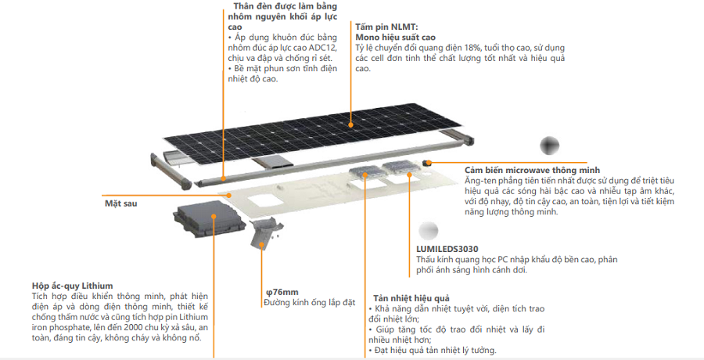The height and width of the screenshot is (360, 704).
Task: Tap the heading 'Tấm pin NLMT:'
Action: coord(386,27)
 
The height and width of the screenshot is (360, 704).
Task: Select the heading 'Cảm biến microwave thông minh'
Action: coord(532,170)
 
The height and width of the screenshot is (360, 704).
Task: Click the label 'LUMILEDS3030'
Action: coord(447,250)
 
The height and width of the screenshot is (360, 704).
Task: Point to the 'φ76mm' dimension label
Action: coord(282,292)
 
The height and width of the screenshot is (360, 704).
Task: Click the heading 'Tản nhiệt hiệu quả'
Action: coord(411,299)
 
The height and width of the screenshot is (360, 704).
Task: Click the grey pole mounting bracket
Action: coord(266,232)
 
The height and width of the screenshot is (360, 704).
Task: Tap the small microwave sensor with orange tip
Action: coord(428,162)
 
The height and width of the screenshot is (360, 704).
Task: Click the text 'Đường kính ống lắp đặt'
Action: coord(310,302)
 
